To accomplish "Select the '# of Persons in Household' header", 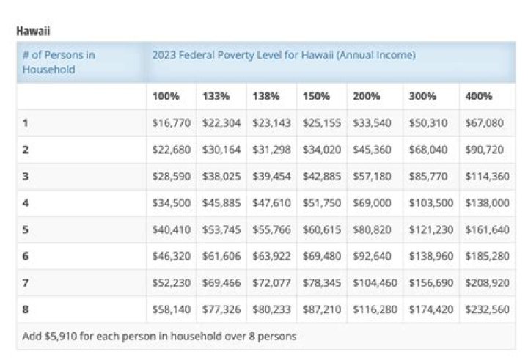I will click(59, 62).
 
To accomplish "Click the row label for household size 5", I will click(26, 229).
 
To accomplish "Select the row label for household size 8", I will click(26, 309).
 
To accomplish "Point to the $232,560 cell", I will click(484, 309).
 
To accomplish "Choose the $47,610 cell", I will click(271, 203).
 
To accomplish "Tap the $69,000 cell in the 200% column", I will click(372, 203).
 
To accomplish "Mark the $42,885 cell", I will click(321, 176).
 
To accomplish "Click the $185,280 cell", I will click(484, 256).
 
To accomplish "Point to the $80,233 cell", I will click(271, 309).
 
